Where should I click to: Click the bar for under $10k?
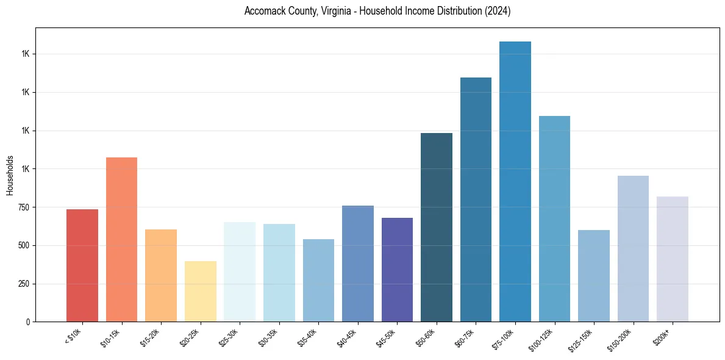pos(82,265)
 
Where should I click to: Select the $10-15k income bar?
pos(121,239)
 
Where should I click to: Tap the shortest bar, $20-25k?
pos(200,291)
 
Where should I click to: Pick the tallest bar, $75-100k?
pos(515,181)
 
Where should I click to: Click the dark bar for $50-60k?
pos(437,227)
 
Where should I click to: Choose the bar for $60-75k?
pos(476,200)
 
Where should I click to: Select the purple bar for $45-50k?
pos(397,270)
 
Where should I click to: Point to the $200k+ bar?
pos(673,259)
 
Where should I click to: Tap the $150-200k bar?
pos(633,248)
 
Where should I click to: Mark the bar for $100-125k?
pos(554,218)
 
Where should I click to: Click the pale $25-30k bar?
pos(240,272)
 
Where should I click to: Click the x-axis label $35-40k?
pos(310,337)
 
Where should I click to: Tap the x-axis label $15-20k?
pos(152,337)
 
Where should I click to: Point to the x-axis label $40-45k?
pos(349,337)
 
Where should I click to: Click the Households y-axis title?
pos(10,175)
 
